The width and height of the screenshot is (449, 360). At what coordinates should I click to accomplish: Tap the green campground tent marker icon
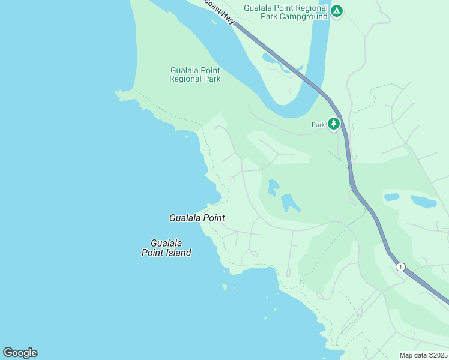coord(337,11)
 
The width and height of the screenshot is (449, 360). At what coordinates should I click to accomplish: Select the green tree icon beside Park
coord(334,124)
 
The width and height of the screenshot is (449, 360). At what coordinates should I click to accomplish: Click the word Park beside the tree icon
coord(318,125)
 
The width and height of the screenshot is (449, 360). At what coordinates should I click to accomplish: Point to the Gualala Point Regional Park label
coord(195,74)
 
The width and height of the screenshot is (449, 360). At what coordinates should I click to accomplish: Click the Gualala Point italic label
coord(197,218)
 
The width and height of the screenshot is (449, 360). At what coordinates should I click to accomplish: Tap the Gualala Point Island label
coord(166,248)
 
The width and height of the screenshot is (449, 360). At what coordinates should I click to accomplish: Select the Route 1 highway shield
coord(400,266)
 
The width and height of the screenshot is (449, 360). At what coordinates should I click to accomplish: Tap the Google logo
coord(20,352)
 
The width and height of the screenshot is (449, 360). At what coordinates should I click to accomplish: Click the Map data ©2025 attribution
coord(423,355)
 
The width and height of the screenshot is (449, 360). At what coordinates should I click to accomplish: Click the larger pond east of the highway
coord(424,201)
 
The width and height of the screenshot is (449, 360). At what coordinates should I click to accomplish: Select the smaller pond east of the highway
coord(391,197)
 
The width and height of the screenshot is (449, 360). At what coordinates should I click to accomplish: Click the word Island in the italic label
coord(178,253)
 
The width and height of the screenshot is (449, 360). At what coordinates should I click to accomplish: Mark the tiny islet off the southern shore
coord(225,287)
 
